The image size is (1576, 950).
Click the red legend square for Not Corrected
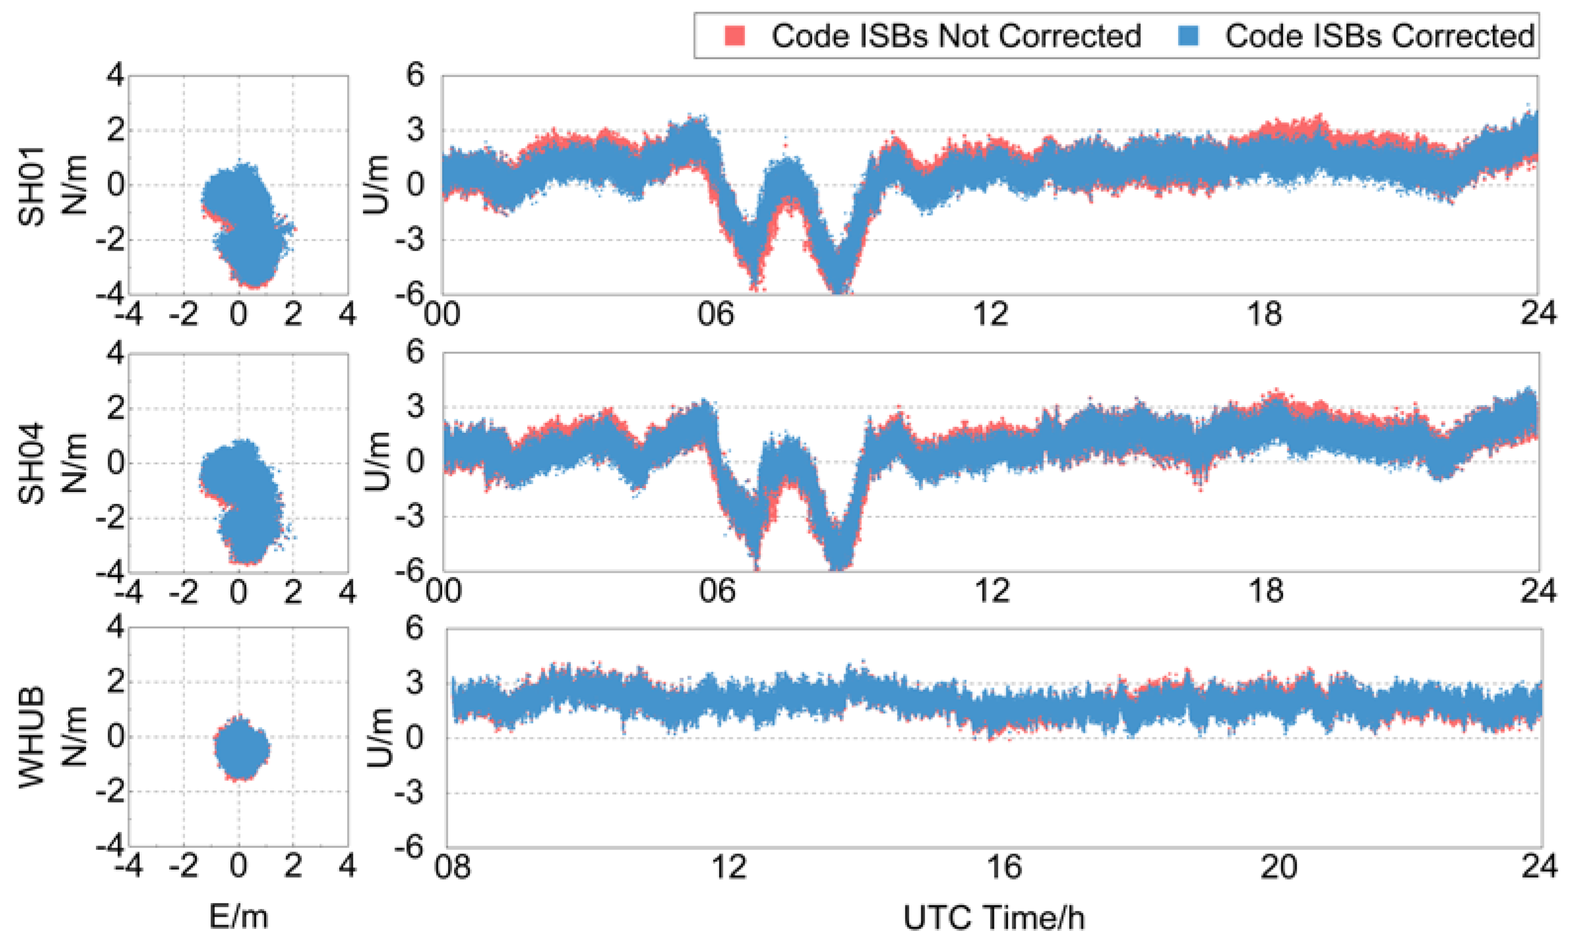pyautogui.click(x=734, y=35)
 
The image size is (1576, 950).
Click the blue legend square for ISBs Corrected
pyautogui.click(x=1187, y=35)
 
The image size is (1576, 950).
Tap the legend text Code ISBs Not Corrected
pyautogui.click(x=955, y=36)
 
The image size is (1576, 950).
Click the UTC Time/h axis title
pyautogui.click(x=994, y=917)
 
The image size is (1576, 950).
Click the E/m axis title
pyautogui.click(x=238, y=917)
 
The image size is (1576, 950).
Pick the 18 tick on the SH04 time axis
pyautogui.click(x=1264, y=591)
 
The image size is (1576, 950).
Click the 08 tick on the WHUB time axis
pyautogui.click(x=452, y=867)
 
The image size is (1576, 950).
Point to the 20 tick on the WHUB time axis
pyautogui.click(x=1279, y=867)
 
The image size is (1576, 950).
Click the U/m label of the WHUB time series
pyautogui.click(x=380, y=737)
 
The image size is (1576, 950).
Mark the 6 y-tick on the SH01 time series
pyautogui.click(x=414, y=76)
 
